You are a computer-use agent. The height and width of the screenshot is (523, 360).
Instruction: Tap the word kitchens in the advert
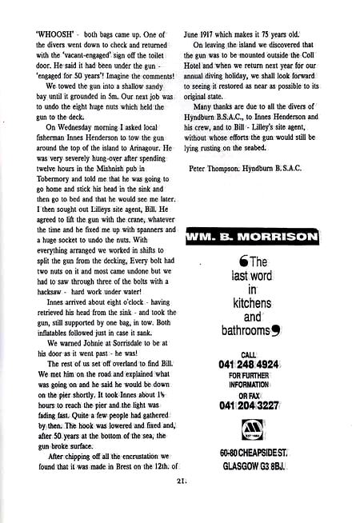252,305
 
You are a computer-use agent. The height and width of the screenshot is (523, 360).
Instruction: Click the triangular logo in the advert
253,429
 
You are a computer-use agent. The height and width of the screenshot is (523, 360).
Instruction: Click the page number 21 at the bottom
180,503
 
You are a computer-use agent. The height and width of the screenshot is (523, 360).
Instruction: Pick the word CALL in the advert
253,354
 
